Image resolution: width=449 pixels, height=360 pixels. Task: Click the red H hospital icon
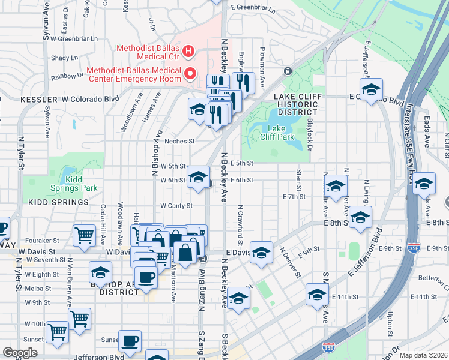(188, 51)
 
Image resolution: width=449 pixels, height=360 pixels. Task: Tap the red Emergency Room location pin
(191, 74)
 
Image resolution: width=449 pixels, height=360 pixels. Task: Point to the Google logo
(20, 353)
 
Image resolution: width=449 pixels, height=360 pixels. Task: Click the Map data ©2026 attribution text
(423, 355)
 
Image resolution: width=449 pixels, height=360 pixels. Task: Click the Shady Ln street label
(61, 58)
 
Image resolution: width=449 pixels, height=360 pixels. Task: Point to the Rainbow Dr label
(67, 76)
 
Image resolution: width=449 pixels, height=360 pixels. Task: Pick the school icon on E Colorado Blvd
(372, 90)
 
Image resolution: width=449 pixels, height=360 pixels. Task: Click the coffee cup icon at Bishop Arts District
(145, 278)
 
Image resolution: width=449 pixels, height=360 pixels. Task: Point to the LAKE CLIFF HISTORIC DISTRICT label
(295, 104)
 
